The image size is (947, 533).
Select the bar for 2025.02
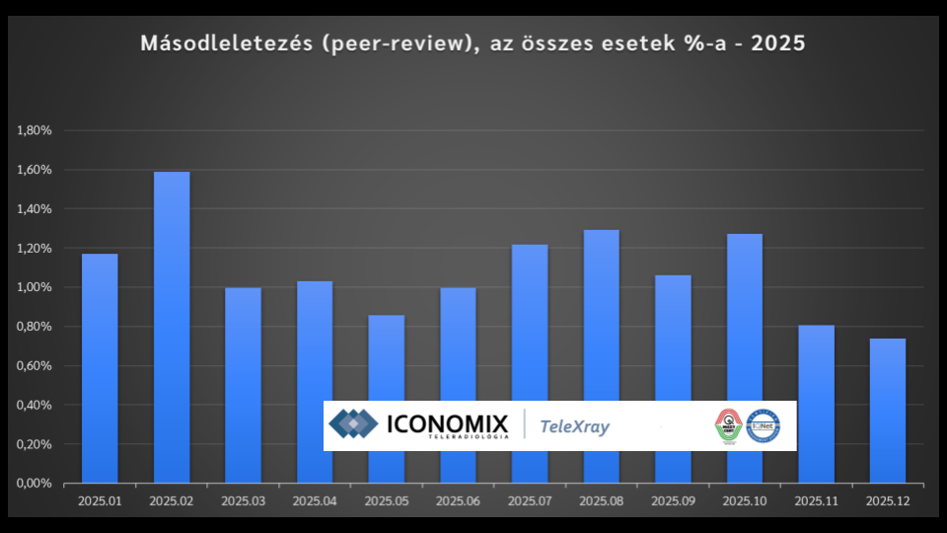(x=172, y=327)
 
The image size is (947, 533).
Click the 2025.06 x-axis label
(x=458, y=501)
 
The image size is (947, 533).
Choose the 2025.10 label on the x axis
(x=745, y=501)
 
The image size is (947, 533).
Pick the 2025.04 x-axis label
(x=315, y=501)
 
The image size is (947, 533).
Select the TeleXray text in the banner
(x=575, y=427)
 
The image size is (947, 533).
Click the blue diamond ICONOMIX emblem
(x=353, y=425)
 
